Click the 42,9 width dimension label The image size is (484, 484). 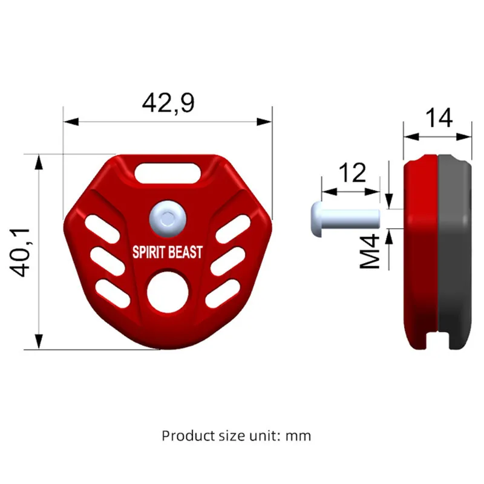pos(168,103)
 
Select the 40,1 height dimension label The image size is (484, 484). pos(20,252)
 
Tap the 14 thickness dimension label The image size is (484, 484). pos(439,117)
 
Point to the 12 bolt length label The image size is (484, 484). pos(352,172)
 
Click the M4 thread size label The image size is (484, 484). pos(370,251)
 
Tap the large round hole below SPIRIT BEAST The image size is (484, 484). pos(168,292)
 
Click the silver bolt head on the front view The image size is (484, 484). pos(168,219)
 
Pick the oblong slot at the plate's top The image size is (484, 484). pos(168,173)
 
